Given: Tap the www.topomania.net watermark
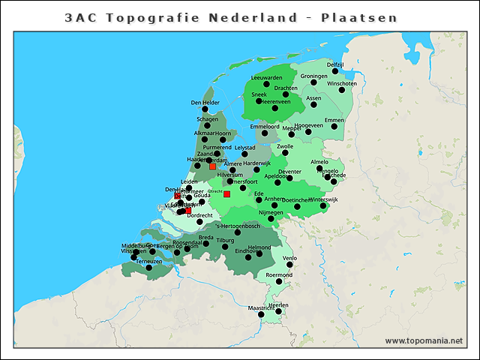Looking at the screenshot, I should click(x=424, y=340).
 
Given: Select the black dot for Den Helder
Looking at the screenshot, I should click(x=205, y=109).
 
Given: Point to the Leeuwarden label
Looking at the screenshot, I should click(x=266, y=77).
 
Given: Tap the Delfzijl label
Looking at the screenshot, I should click(x=334, y=64).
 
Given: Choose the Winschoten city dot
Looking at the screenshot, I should click(x=342, y=90).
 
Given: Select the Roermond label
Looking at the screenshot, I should click(x=279, y=275).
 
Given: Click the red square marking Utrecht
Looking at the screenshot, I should click(x=226, y=194).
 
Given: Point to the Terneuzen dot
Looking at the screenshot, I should click(x=148, y=268).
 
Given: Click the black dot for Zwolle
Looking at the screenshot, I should click(x=284, y=153).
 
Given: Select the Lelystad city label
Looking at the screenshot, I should click(x=245, y=148).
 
